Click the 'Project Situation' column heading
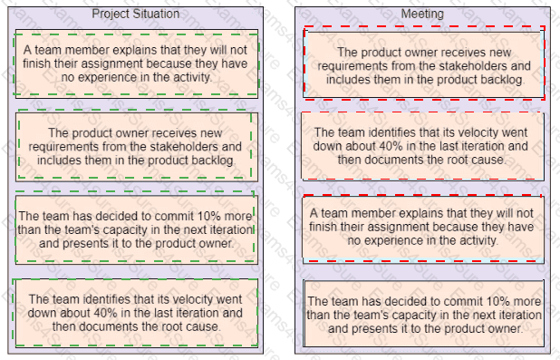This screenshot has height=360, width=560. pos(136,14)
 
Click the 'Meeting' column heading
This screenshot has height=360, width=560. pos(422,14)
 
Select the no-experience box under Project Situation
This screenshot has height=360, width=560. pos(137,64)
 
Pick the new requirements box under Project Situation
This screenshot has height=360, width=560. pos(137,147)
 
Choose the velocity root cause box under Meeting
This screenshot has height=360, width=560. pos(423,146)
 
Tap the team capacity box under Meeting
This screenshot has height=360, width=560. pos(423,314)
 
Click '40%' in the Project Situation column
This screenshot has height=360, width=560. pos(105,313)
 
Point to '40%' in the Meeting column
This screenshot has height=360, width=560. pos(391,146)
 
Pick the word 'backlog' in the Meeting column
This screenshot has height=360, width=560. pos(506,80)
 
